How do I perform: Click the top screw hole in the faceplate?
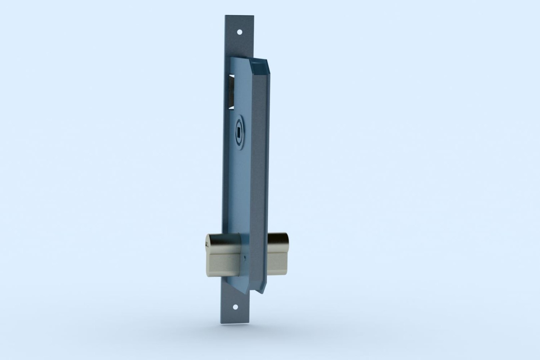pyautogui.click(x=239, y=32)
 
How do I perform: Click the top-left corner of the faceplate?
pyautogui.click(x=226, y=15)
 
